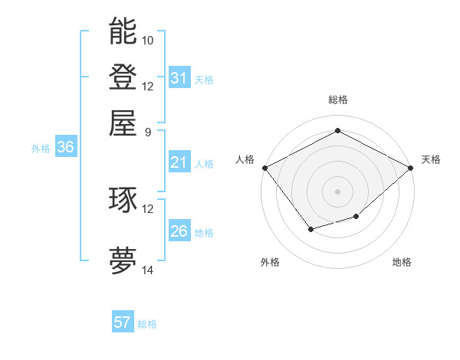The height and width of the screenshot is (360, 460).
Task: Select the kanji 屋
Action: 123,123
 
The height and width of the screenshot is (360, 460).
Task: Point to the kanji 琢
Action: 123,200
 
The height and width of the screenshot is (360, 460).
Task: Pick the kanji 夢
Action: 123,261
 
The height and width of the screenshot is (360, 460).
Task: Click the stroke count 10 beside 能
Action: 148,40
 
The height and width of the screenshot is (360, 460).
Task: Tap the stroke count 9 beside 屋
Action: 148,132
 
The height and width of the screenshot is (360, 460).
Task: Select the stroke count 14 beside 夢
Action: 148,270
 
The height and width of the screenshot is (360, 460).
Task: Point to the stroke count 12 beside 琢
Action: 148,208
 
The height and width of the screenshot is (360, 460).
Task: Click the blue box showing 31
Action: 179,78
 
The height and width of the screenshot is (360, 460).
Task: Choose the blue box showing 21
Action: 179,162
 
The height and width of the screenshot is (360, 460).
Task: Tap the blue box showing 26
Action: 179,231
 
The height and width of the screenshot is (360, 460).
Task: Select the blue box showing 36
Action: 65,148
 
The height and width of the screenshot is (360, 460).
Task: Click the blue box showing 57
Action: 123,322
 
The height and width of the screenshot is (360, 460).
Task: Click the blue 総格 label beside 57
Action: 147,324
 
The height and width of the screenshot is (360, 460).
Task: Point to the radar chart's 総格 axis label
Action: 337,100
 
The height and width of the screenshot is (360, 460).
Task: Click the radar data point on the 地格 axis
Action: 356,217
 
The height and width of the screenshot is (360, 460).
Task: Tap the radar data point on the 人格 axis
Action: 264,168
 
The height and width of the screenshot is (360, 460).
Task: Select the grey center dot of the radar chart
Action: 337,191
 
